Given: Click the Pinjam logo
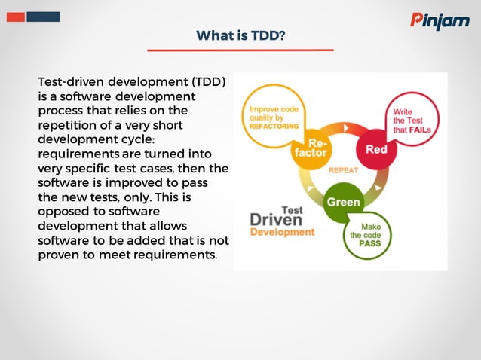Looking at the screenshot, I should click(x=440, y=20).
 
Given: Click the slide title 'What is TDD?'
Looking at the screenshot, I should click(x=240, y=35).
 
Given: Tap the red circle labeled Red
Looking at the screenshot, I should click(x=376, y=148).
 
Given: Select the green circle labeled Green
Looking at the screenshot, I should click(x=342, y=202).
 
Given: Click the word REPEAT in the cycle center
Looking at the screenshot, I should click(x=343, y=170).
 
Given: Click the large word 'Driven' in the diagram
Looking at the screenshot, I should click(x=276, y=219).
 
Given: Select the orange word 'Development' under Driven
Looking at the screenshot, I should click(x=282, y=233).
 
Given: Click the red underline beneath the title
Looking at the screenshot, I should click(x=240, y=50).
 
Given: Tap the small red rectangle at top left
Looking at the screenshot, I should click(x=15, y=17).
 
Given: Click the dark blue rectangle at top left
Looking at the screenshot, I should click(x=43, y=17).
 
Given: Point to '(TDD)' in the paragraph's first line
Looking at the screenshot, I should click(x=208, y=81).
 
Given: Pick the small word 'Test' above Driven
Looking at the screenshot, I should click(x=292, y=209).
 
